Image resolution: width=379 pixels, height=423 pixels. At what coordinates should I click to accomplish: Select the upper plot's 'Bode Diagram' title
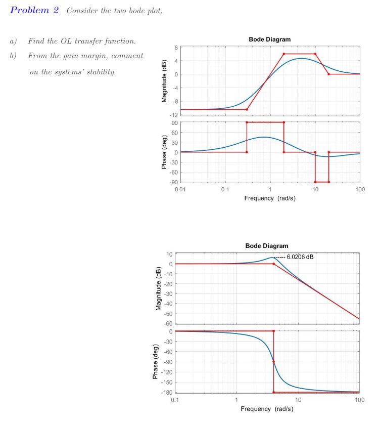coord(269,39)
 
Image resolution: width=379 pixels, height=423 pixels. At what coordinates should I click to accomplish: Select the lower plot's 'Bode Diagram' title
coord(267,245)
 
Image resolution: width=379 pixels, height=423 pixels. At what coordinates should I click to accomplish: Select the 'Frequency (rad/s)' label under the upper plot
coord(270,198)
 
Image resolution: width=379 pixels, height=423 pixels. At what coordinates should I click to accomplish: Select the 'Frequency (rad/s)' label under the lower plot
coord(267,408)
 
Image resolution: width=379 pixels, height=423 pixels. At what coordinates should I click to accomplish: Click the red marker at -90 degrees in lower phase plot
coord(273,362)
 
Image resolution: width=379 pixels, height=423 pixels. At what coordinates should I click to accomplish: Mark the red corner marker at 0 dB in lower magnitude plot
coord(273,264)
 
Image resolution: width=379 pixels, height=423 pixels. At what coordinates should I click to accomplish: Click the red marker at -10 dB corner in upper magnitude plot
coord(247,109)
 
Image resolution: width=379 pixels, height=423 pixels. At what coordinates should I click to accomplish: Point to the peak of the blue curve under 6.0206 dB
coord(271,258)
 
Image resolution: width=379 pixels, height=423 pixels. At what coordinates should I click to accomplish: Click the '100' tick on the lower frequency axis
coord(359,400)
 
